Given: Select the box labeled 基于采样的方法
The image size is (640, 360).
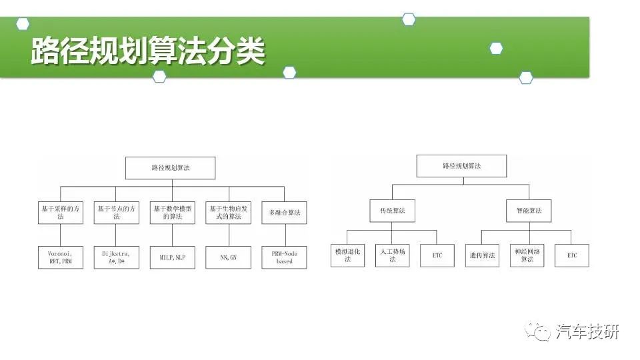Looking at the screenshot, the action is (61, 213).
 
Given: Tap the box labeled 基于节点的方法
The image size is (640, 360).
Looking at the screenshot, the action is (116, 213).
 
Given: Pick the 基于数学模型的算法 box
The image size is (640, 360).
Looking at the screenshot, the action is (172, 213).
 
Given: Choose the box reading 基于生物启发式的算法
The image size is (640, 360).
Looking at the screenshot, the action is (228, 213).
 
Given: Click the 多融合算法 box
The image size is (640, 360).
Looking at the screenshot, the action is (284, 213).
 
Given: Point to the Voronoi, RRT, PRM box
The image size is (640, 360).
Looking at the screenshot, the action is (61, 257).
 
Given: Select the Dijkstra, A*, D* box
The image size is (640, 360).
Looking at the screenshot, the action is (116, 257).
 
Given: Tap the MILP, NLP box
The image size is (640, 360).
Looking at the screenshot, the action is (172, 257).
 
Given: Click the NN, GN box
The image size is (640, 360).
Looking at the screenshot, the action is (228, 257).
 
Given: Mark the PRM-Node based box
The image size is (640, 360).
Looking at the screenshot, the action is (284, 257).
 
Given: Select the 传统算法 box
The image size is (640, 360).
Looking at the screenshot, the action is (392, 211).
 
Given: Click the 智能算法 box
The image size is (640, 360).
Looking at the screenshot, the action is (529, 211).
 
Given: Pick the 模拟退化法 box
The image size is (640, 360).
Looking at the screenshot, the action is (347, 255).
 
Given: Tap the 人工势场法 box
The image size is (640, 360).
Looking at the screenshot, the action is (392, 255).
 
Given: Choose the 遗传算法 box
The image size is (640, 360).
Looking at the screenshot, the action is (482, 255).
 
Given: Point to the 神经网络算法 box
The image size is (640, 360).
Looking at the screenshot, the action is (527, 255).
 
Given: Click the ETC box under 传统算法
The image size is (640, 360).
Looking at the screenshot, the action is (437, 255).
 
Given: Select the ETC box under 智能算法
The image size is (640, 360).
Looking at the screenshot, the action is (572, 255).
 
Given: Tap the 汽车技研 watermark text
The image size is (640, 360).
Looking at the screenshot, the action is (587, 332).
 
